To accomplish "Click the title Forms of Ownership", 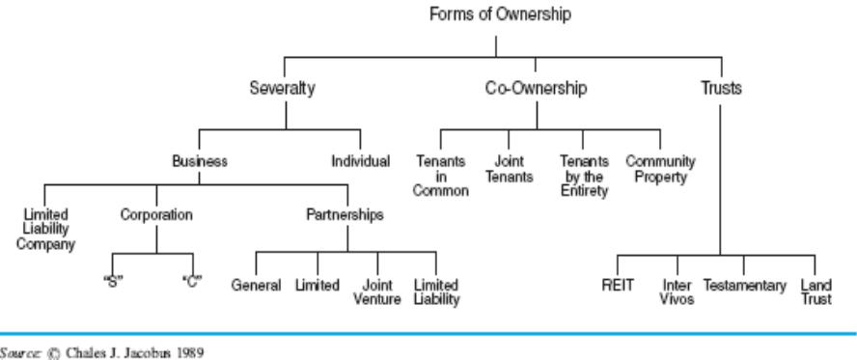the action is (500, 14).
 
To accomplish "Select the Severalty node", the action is (282, 88).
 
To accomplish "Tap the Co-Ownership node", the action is (537, 88).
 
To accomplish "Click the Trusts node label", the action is (722, 88).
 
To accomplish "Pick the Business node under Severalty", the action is (200, 161).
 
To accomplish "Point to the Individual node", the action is (361, 161).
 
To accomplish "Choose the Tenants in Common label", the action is (440, 176).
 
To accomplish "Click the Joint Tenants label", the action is (509, 169).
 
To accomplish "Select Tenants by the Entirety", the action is (584, 176).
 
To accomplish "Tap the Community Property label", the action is (660, 169).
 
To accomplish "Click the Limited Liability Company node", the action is (45, 230).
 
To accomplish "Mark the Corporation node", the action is (156, 214).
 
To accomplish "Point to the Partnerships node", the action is (345, 214).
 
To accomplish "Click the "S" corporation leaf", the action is (113, 282).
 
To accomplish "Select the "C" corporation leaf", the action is (192, 282).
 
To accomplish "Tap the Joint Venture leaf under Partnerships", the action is (377, 292).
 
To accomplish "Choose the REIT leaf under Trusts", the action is (619, 285).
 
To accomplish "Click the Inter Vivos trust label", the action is (677, 292).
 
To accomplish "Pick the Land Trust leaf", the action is (816, 292).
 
